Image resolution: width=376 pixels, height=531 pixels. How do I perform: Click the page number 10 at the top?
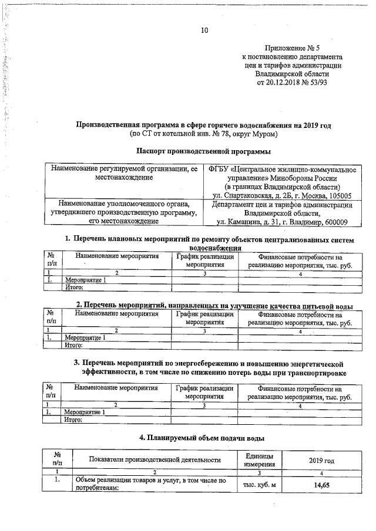click(x=205, y=31)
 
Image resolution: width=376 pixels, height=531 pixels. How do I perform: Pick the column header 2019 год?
click(x=320, y=459)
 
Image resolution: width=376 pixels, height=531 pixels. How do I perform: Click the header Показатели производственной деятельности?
click(x=155, y=460)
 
